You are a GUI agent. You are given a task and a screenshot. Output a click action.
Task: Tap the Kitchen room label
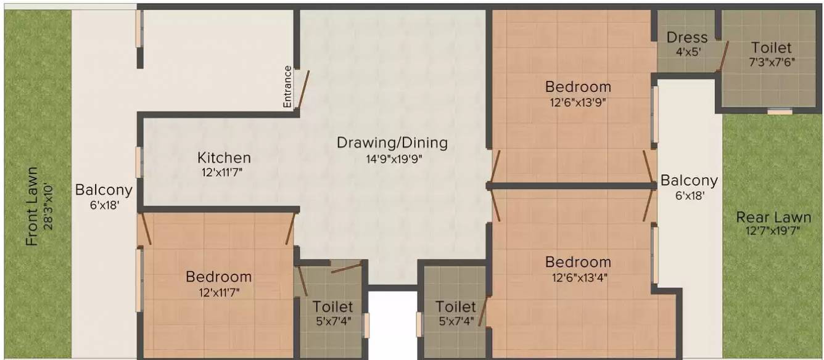(x=224, y=158)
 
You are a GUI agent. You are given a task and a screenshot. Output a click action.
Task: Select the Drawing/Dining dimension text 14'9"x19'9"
(x=392, y=159)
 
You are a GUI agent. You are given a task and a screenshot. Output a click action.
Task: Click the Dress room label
(x=686, y=38)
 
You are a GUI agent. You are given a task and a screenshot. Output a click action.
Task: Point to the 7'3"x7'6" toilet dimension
(x=771, y=62)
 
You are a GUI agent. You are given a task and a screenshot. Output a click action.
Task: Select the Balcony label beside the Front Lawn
(x=104, y=190)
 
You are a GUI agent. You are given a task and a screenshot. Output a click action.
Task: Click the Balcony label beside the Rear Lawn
(x=689, y=181)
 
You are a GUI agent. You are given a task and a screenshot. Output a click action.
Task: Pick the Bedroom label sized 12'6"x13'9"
(x=578, y=87)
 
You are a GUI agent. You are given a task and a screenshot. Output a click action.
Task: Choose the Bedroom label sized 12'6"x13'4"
(x=578, y=262)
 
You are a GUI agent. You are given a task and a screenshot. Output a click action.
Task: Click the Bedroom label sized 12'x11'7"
(x=218, y=277)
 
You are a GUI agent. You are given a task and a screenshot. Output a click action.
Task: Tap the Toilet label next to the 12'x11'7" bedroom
(x=332, y=306)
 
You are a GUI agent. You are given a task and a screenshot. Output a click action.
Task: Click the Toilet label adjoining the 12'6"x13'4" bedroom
(x=455, y=306)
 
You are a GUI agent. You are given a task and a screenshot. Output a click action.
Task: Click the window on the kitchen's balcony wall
(x=139, y=162)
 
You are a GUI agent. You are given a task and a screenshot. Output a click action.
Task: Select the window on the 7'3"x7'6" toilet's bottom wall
(x=780, y=111)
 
